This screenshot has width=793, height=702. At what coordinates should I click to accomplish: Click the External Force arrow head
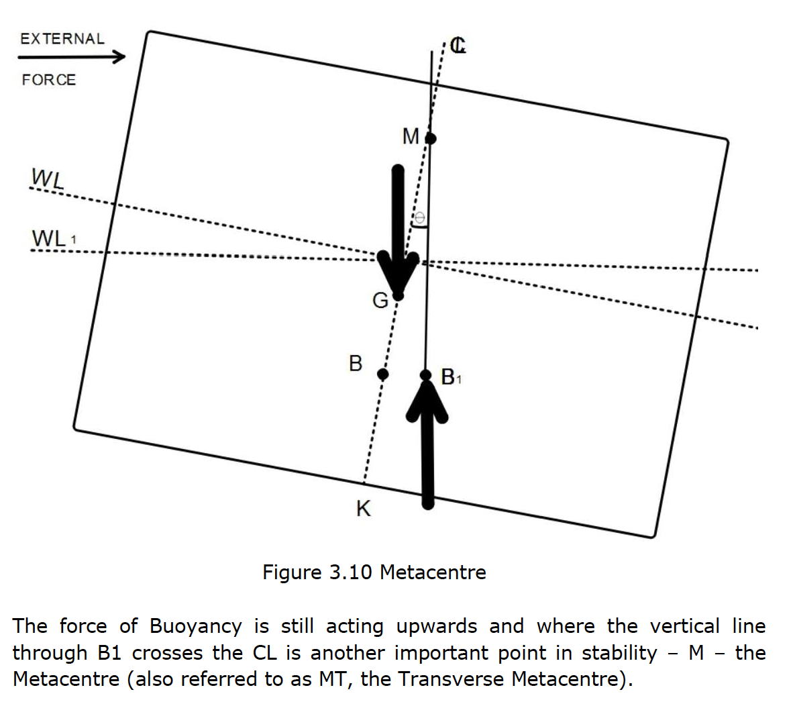pyautogui.click(x=119, y=56)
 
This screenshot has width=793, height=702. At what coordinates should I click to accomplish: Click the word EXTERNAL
pyautogui.click(x=62, y=39)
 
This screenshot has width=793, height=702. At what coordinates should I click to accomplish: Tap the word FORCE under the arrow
pyautogui.click(x=49, y=80)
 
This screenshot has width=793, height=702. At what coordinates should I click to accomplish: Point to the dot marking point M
pyautogui.click(x=431, y=139)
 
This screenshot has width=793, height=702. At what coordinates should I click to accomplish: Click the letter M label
pyautogui.click(x=411, y=137)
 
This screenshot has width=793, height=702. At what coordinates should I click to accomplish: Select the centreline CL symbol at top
pyautogui.click(x=458, y=46)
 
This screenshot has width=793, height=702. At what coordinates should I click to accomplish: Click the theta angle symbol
pyautogui.click(x=420, y=218)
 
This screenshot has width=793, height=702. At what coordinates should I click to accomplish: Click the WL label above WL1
pyautogui.click(x=47, y=179)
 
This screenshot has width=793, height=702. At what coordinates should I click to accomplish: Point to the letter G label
pyautogui.click(x=380, y=301)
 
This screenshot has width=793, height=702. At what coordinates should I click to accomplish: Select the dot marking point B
pyautogui.click(x=382, y=374)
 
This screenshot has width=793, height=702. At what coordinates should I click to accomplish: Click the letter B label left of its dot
pyautogui.click(x=356, y=364)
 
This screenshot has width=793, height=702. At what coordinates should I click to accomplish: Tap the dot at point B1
pyautogui.click(x=426, y=375)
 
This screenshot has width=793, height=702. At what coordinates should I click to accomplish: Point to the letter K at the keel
pyautogui.click(x=363, y=509)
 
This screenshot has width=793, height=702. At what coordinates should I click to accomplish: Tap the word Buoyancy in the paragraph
pyautogui.click(x=195, y=626)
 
